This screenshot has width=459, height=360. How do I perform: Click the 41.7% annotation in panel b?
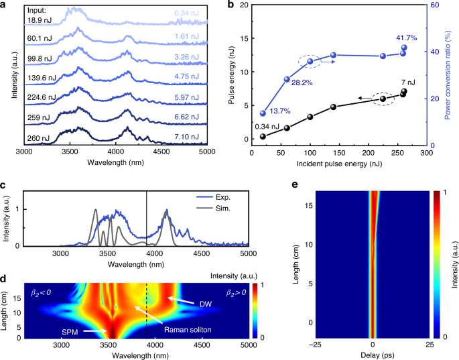404,34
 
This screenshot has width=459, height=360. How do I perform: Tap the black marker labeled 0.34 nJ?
263,136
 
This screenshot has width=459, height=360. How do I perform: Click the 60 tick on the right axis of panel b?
435,5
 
